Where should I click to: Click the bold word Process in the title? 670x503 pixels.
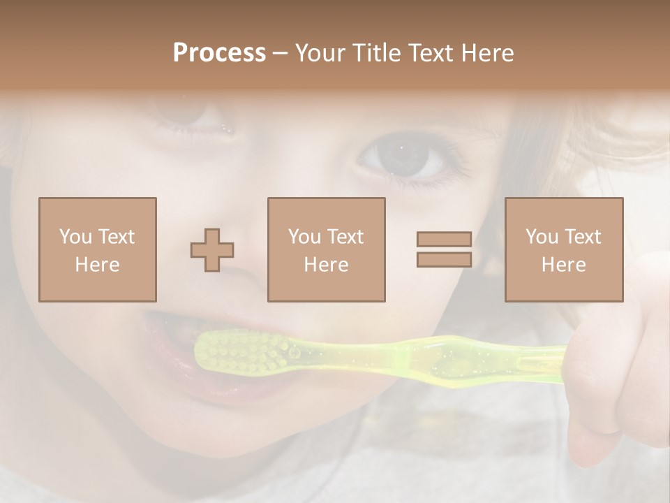pos(219,53)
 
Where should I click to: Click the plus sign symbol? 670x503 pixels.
pos(212,250)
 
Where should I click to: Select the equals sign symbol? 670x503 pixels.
pos(445,249)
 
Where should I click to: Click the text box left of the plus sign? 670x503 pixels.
pos(98,249)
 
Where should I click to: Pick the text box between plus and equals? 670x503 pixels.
pos(326,249)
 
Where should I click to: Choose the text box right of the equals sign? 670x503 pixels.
pos(564,249)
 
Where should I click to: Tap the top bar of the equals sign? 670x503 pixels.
pos(445,240)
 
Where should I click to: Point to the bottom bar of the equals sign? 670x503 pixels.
pos(445,260)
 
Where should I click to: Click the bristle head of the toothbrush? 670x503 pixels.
pos(241,351)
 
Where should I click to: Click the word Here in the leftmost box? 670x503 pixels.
pos(98,265)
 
